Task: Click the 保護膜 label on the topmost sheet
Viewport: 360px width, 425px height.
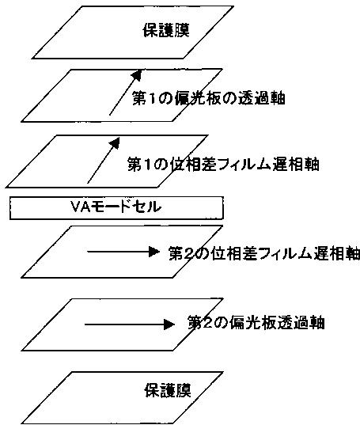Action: point(166,30)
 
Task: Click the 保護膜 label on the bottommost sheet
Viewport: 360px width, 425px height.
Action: point(168,390)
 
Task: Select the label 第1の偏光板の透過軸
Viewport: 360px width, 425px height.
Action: point(209,98)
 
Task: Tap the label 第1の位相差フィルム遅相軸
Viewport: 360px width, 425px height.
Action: point(223,164)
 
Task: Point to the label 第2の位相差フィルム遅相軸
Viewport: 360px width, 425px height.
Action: point(264,253)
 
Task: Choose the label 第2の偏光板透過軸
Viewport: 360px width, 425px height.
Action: point(256,323)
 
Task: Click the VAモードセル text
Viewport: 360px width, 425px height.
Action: point(116,207)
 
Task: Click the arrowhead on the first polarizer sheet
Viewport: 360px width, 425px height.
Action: point(137,75)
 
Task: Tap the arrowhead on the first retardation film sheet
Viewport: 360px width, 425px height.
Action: point(115,142)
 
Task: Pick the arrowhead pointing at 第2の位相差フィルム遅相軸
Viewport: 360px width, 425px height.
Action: point(153,252)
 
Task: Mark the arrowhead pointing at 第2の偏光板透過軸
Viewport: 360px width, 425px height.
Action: point(169,324)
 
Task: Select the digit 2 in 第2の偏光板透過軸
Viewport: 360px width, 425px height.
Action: point(209,323)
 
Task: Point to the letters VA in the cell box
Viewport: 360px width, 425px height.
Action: point(80,207)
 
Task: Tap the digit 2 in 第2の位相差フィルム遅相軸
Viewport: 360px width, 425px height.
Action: point(189,254)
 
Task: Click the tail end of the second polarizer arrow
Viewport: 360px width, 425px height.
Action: point(85,324)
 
